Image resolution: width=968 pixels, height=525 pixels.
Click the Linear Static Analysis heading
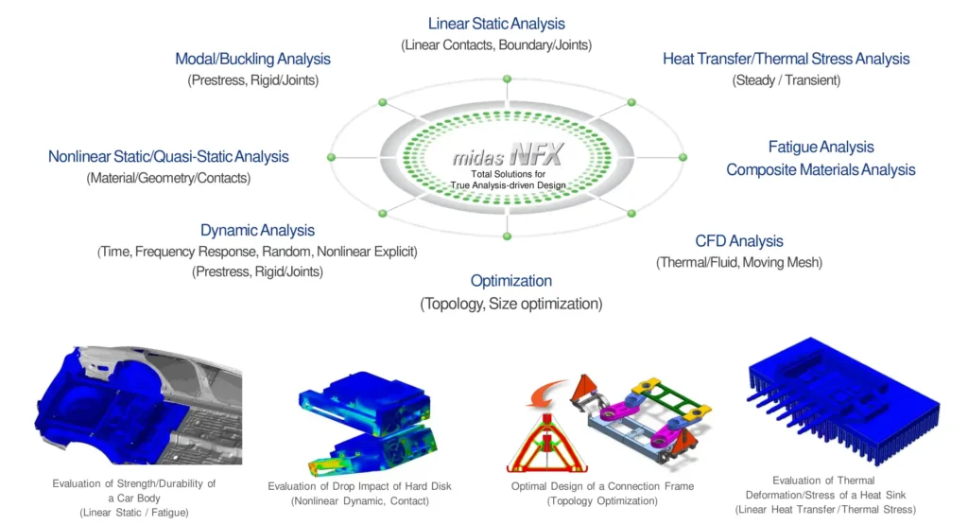496,24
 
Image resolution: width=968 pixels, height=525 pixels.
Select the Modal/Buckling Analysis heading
252,60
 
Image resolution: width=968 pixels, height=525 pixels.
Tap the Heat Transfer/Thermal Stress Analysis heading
786,59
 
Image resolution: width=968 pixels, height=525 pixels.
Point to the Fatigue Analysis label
821,147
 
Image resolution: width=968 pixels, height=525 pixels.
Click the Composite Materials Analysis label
821,170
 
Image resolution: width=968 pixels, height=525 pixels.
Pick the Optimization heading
510,281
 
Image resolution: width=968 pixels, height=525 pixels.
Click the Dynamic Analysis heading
257,230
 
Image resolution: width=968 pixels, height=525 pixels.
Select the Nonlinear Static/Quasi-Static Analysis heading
168,156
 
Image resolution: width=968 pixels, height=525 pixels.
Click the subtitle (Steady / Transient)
786,80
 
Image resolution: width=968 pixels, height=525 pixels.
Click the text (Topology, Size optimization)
510,304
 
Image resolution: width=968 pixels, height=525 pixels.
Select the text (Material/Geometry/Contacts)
168,178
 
